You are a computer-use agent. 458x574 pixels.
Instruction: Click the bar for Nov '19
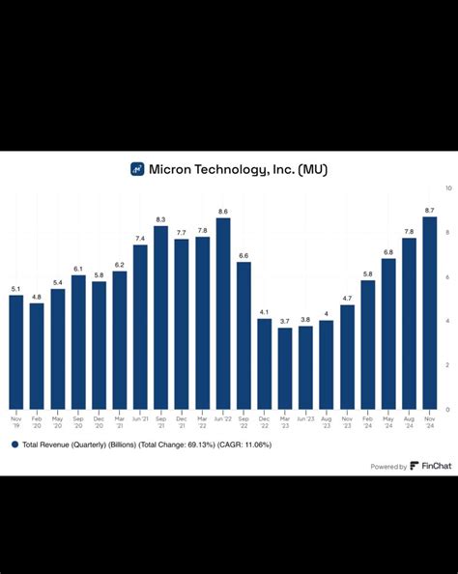15,352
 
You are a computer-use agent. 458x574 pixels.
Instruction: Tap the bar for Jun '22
223,313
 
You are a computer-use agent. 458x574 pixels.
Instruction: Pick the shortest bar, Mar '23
285,368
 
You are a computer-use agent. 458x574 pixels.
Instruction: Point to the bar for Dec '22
265,363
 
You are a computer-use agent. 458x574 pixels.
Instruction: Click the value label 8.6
223,211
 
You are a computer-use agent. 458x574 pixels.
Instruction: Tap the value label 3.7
285,320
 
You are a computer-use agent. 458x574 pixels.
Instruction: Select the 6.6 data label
243,255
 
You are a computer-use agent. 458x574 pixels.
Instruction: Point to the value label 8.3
160,218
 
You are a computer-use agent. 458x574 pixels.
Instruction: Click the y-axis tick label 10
447,187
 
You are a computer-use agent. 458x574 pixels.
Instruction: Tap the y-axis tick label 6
446,276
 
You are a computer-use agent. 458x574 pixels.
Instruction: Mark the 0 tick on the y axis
446,409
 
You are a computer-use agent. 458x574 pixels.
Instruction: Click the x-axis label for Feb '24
368,422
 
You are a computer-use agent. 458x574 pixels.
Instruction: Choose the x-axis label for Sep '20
77,422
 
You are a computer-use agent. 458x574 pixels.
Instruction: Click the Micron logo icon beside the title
137,168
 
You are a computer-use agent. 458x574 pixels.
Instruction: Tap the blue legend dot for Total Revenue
14,445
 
